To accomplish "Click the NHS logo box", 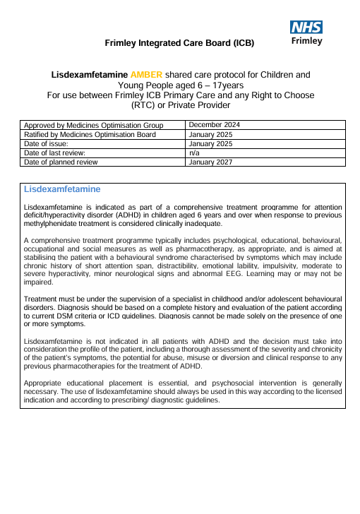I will [x=307, y=27].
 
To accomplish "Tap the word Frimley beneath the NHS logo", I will [x=307, y=41].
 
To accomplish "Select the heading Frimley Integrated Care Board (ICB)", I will [x=179, y=43].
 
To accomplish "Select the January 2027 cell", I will [x=211, y=162].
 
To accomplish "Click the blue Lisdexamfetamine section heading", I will [x=62, y=190].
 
